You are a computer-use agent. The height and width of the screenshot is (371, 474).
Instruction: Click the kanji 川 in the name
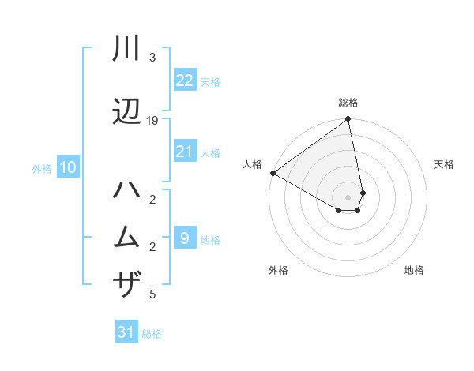coord(127,49)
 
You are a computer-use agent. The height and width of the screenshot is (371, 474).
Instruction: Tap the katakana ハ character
coord(127,191)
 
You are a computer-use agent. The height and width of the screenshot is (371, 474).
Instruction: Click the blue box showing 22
coord(185,81)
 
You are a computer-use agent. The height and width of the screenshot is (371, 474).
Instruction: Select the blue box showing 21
coord(185,152)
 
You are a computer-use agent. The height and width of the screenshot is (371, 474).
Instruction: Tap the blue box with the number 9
coord(185,238)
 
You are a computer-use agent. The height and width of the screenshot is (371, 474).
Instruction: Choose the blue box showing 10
coord(67,167)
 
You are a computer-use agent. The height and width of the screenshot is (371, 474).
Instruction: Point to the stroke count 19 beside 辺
coord(153,121)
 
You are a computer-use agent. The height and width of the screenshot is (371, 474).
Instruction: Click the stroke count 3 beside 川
coord(152,58)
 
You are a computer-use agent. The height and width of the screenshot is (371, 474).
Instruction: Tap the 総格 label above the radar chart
coord(348,103)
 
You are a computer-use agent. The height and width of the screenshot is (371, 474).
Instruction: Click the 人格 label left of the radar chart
coord(252,164)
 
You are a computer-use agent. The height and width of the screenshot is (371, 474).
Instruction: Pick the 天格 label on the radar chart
coord(445,164)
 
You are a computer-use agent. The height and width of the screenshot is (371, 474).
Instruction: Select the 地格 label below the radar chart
coord(414,270)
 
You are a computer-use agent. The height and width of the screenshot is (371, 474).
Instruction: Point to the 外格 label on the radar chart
coord(278,270)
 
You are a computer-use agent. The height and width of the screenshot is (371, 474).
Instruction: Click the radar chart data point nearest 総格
coord(348,120)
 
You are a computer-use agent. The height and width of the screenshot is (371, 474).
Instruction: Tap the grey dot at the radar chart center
coord(348,197)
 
